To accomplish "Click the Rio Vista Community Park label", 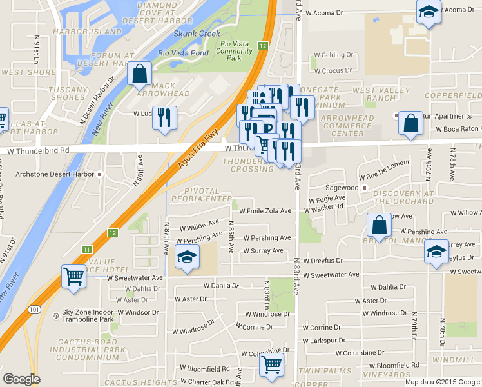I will pos(234,51).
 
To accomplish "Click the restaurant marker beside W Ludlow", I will pos(166,118).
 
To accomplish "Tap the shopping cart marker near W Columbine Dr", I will pos(272,365).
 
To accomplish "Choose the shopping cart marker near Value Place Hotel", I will pos(74,277).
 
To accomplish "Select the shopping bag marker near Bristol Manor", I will pos(379,225).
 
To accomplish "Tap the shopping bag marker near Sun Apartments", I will pos(410,123).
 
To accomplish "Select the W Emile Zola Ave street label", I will pos(265,211).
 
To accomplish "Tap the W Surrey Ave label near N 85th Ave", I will pos(263,251).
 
